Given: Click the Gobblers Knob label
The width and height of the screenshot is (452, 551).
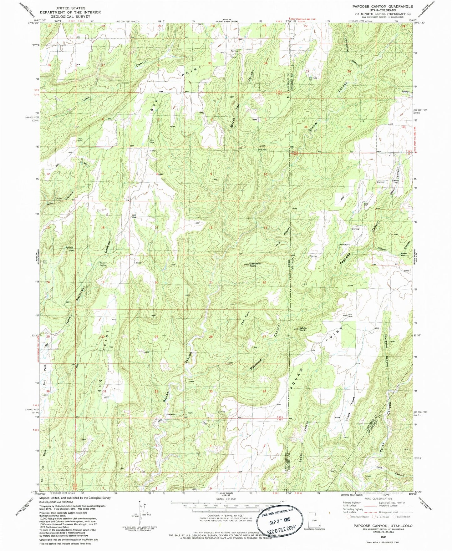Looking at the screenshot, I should (x=253, y=265).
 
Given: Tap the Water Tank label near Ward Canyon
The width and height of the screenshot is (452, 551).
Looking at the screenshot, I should (x=396, y=181).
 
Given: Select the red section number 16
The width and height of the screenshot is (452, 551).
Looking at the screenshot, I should (x=211, y=228).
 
